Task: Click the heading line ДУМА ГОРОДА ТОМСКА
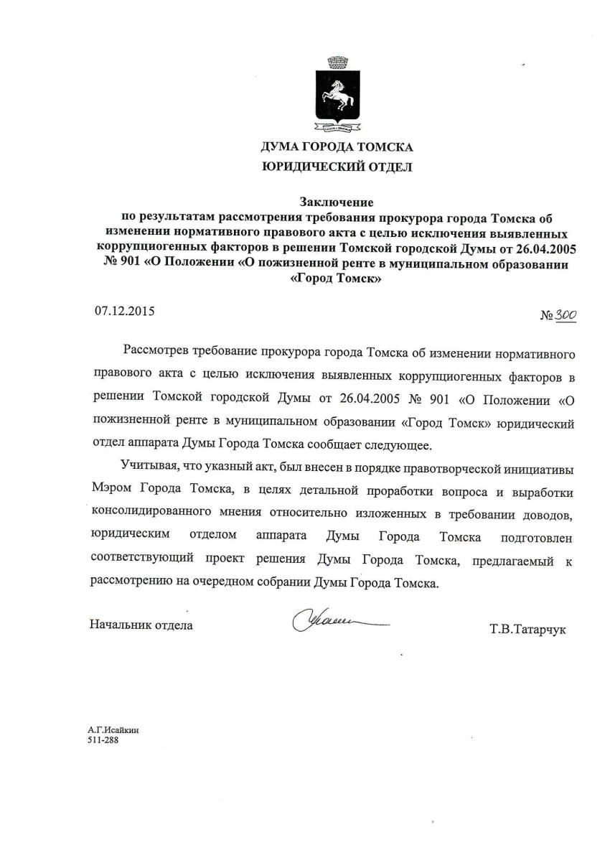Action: pyautogui.click(x=337, y=149)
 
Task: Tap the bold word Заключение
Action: pyautogui.click(x=337, y=203)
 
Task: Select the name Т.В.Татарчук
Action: pyautogui.click(x=527, y=630)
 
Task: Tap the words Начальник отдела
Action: pyautogui.click(x=141, y=625)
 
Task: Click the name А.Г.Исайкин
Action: pyautogui.click(x=113, y=729)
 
